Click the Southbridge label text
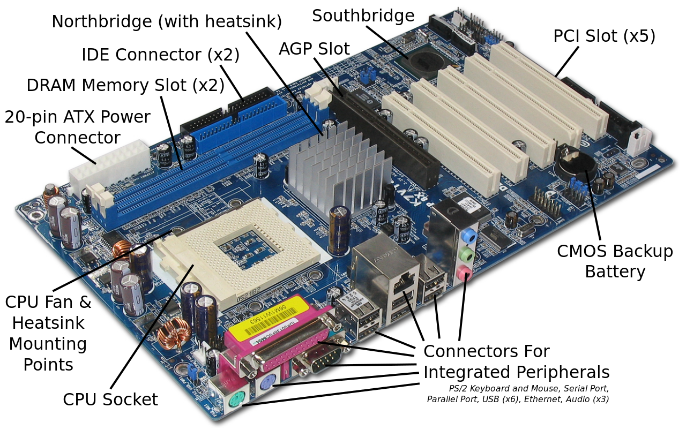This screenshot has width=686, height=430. [x=363, y=16]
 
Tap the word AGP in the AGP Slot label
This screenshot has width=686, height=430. [x=295, y=49]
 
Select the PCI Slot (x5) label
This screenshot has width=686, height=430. [x=604, y=36]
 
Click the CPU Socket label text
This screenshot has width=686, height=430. [x=110, y=399]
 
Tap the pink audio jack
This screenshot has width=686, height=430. [x=464, y=273]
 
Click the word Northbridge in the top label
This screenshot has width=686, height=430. [x=102, y=21]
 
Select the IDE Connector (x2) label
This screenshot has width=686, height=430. [x=160, y=55]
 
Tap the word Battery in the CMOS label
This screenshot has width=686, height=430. [x=615, y=272]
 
